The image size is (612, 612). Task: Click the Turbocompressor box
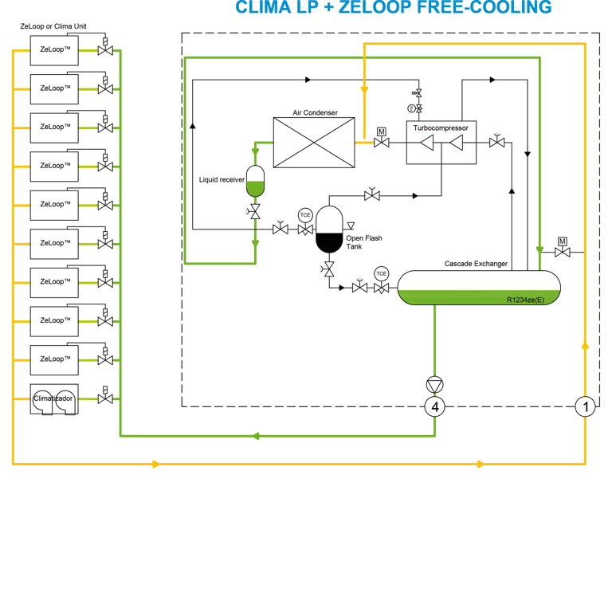tap(441, 143)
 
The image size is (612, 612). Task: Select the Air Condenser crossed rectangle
tap(314, 142)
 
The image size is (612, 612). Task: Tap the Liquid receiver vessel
tap(255, 182)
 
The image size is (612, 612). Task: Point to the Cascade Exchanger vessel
tap(478, 288)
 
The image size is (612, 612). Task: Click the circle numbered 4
tap(434, 407)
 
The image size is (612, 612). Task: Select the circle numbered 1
tap(586, 406)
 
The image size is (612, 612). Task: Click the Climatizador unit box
tap(54, 398)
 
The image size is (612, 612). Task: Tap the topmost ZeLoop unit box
tap(54, 49)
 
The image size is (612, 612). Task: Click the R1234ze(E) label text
tap(525, 300)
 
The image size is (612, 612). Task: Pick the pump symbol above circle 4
tap(434, 382)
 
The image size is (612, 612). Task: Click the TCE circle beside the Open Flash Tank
tap(304, 215)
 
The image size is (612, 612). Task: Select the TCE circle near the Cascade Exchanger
tap(382, 273)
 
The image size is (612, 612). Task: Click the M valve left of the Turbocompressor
tap(382, 142)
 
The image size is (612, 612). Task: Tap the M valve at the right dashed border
tap(563, 251)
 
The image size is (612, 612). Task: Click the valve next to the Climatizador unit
tap(104, 398)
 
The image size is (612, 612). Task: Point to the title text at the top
tap(393, 7)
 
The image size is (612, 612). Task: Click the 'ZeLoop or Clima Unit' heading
tap(53, 26)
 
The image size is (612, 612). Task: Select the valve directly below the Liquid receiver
tap(255, 212)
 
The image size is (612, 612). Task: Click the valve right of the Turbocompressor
tap(497, 142)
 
